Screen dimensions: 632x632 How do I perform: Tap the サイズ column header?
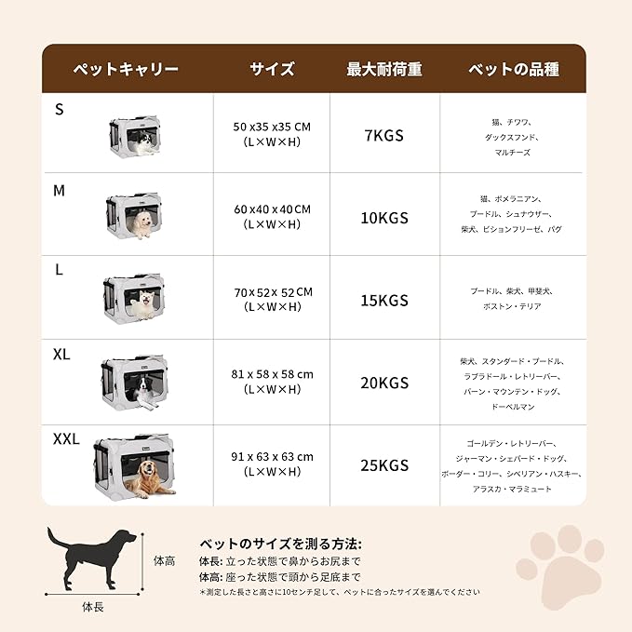click(272, 69)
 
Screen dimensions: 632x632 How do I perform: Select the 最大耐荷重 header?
click(384, 69)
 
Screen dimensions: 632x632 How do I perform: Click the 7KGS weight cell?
click(384, 135)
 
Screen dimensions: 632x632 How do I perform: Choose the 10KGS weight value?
click(384, 218)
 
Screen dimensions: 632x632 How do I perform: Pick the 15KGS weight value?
click(384, 300)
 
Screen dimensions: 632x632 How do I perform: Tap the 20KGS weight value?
click(384, 383)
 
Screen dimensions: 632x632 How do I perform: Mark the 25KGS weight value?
click(384, 464)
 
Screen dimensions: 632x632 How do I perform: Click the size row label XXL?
click(66, 438)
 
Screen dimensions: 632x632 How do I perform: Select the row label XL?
click(61, 354)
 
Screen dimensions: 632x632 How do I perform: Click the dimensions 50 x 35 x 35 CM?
click(272, 127)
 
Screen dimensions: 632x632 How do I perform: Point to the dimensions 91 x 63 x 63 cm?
click(272, 456)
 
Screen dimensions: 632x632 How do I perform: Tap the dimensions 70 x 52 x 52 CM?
click(272, 291)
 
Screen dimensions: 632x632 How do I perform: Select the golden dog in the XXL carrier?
click(145, 479)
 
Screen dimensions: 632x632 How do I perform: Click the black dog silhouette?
click(91, 556)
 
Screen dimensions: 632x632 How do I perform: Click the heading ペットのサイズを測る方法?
click(280, 544)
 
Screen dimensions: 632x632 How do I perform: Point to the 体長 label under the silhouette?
click(92, 608)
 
